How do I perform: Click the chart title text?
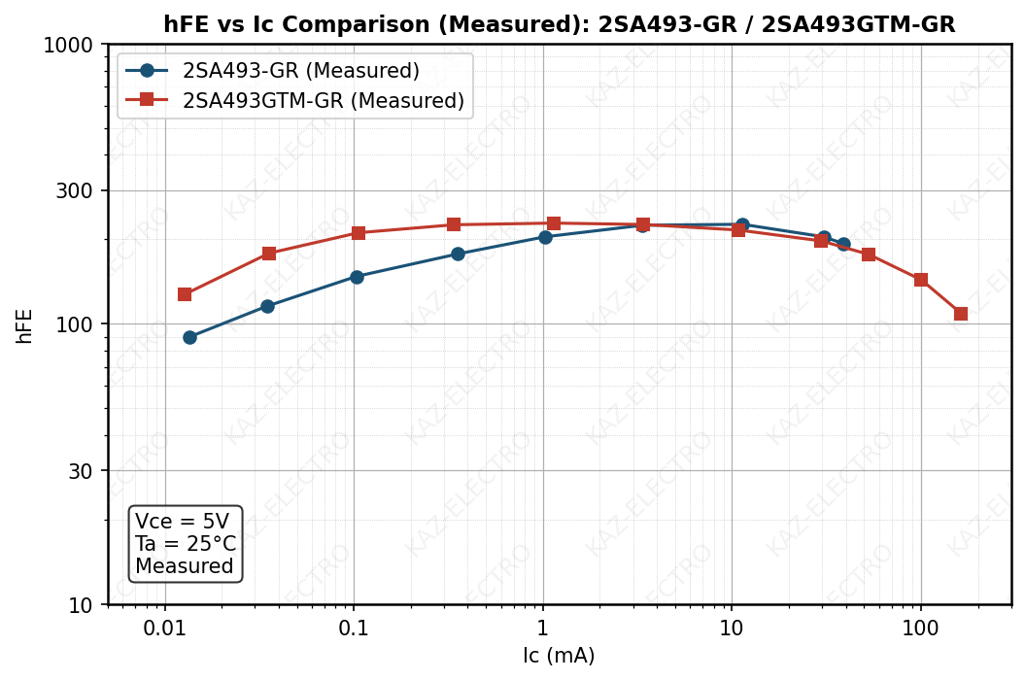click(559, 24)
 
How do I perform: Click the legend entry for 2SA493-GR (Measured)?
click(300, 71)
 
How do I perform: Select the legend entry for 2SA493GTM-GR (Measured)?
click(323, 100)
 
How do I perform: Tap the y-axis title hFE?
click(24, 325)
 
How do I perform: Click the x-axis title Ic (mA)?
click(559, 656)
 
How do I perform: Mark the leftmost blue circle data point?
click(189, 337)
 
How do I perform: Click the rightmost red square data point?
click(961, 314)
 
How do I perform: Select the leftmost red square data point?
click(185, 294)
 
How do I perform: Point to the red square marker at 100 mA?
click(921, 280)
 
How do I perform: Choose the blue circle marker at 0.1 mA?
click(357, 277)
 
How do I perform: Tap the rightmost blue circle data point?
click(843, 244)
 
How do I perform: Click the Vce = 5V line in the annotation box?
click(182, 522)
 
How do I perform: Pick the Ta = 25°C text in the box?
click(186, 544)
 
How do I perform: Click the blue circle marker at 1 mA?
click(545, 237)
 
